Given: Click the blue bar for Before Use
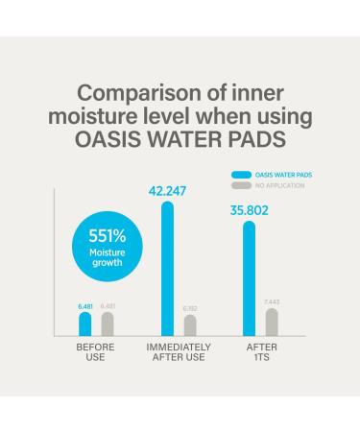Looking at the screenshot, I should coord(85,324).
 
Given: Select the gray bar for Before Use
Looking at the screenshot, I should coord(108,324).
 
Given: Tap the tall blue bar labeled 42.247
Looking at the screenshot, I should coord(167,269).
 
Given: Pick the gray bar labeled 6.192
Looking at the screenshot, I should coord(190,325).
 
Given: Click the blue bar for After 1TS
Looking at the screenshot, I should coord(249,278).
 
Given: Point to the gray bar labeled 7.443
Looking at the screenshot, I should coord(272,322).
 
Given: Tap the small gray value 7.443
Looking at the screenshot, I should coord(272,301).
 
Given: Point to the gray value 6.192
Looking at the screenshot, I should coord(190,308).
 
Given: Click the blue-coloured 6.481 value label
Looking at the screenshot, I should coord(85,305).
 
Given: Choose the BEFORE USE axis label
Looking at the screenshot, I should coord(96,351).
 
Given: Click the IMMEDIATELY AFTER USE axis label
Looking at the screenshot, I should coord(179,351).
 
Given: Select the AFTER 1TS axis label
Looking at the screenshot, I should coord(260,351).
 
